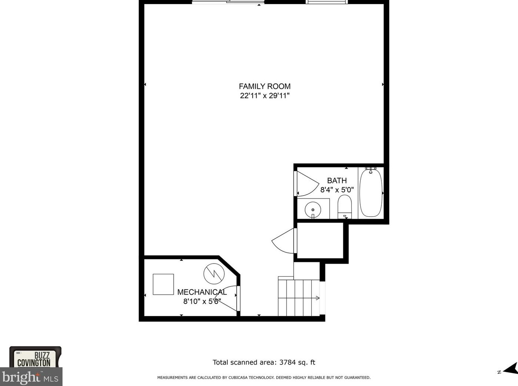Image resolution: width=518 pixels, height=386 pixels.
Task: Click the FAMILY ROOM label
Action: click(x=264, y=86)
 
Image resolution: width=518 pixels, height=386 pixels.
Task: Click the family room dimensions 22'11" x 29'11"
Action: click(x=264, y=96)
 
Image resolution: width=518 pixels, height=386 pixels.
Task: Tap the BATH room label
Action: click(x=337, y=180)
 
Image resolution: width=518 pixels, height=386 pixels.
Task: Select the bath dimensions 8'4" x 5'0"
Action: click(x=337, y=190)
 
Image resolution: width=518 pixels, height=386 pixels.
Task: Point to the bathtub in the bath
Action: click(x=371, y=192)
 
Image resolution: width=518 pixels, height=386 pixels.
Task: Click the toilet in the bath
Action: click(x=345, y=207)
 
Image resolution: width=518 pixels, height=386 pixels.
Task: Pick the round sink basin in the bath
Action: click(x=313, y=210)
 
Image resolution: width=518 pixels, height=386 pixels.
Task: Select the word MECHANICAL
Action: click(x=202, y=292)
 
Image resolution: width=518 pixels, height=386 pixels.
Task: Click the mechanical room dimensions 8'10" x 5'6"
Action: click(x=202, y=301)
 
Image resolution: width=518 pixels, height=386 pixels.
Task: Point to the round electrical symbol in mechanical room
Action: click(x=214, y=274)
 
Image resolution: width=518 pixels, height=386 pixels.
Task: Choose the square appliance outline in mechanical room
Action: click(x=163, y=284)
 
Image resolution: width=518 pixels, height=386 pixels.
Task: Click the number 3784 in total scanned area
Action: click(x=287, y=362)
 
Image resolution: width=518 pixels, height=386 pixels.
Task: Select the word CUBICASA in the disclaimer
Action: click(x=238, y=377)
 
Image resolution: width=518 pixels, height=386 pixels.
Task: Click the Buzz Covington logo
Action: click(x=36, y=358)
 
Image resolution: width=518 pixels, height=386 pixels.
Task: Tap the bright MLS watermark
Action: click(x=31, y=377)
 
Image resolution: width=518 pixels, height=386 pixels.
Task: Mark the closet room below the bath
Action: click(x=320, y=240)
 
